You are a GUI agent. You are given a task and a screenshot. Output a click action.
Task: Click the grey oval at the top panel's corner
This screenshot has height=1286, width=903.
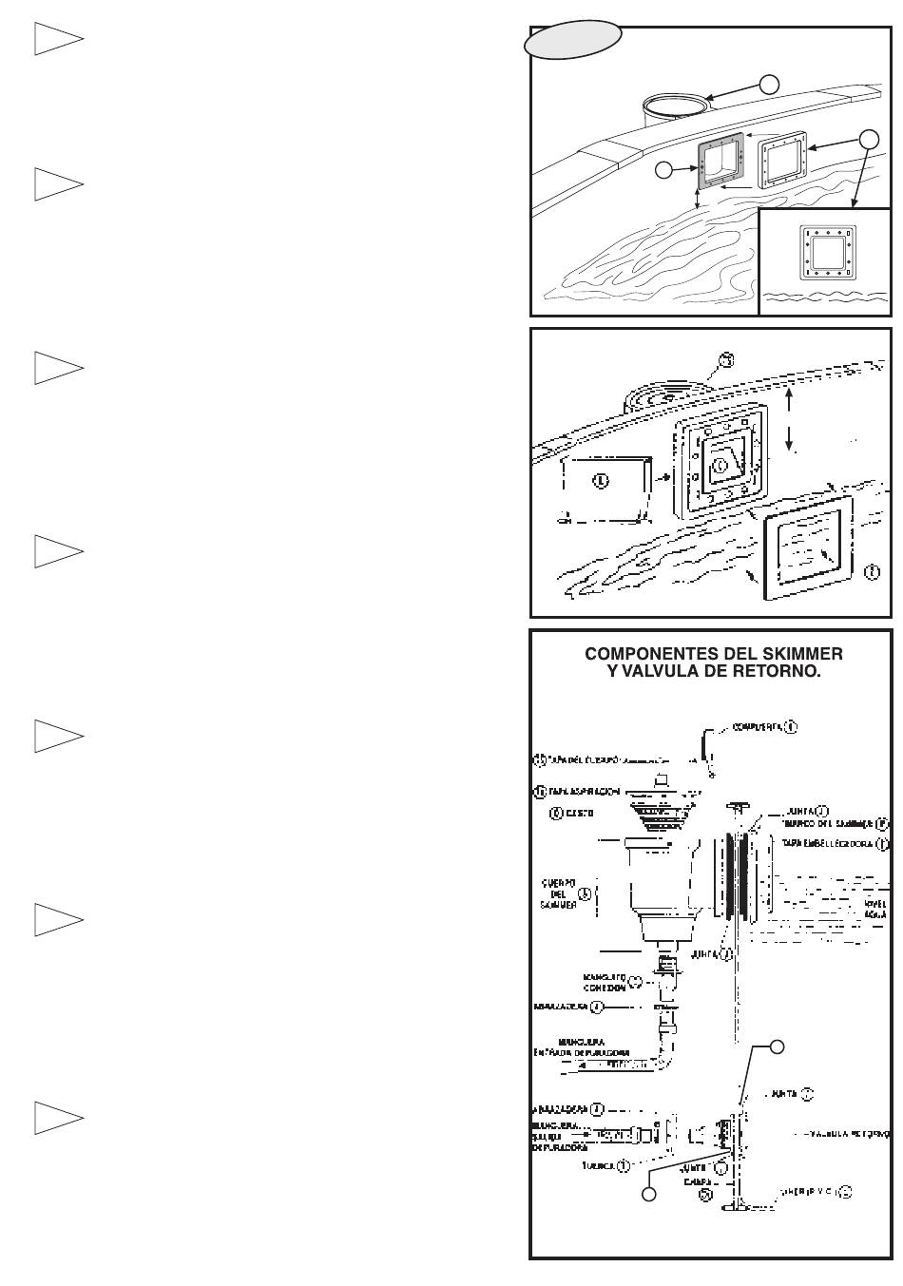pyautogui.click(x=574, y=42)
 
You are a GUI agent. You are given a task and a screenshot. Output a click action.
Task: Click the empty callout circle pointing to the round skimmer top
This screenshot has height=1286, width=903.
pyautogui.click(x=771, y=84)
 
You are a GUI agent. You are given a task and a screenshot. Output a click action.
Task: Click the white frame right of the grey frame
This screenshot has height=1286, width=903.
pyautogui.click(x=784, y=160)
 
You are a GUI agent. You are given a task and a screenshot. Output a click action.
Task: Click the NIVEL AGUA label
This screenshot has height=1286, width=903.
pyautogui.click(x=875, y=909)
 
